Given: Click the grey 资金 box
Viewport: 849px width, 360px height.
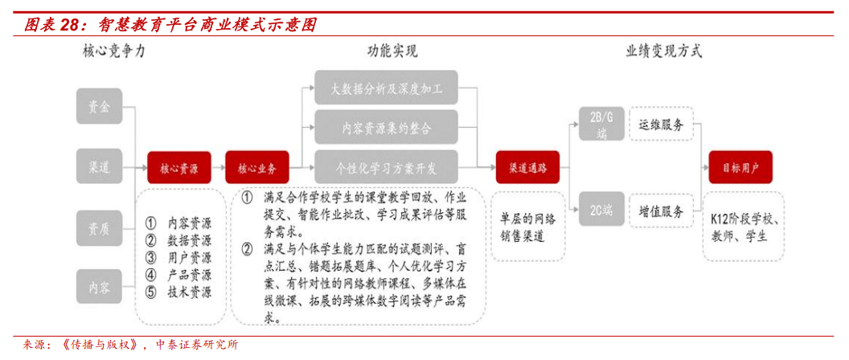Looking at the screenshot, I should pos(100,106).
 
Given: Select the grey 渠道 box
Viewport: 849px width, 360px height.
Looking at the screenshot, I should pos(100,167).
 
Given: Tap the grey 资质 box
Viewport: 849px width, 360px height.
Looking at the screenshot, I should pos(100,227).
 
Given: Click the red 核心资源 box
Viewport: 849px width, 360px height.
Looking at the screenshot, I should pos(178,169).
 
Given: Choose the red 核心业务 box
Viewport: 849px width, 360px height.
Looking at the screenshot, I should pos(256,169).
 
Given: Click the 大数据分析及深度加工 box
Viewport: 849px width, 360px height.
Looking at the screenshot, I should pos(386,89).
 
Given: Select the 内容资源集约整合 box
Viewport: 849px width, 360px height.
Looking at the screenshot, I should pos(386,129).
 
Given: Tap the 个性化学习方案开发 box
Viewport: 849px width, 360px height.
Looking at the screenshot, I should pos(386,169).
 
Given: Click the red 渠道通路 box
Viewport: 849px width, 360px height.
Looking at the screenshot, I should pos(527,168).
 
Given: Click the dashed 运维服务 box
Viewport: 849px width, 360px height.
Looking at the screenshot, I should pos(661,125).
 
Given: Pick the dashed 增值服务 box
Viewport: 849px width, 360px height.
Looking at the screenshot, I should pos(661,211).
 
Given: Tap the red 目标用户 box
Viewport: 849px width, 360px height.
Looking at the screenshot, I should pos(740,168).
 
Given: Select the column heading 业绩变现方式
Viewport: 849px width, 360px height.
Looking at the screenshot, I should pos(664,52).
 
